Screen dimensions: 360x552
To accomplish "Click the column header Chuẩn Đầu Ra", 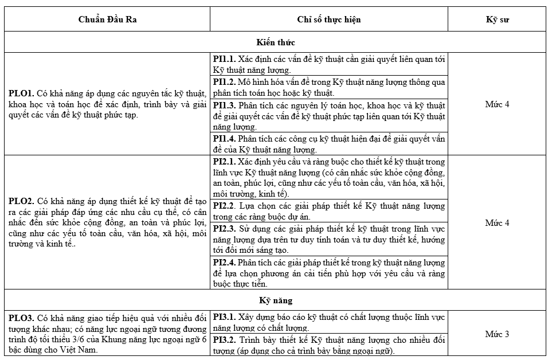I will [107, 19].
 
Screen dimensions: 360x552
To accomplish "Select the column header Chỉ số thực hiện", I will [328, 19].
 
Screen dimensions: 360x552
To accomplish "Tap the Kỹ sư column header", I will [497, 19].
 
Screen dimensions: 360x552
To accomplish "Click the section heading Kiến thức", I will [276, 42].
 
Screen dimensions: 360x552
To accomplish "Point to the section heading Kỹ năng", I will [276, 300].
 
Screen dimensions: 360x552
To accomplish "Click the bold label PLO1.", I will [21, 93].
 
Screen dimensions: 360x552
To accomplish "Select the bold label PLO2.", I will [21, 201].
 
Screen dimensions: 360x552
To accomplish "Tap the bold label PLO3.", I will [21, 317].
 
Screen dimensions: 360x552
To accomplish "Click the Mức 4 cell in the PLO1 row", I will [497, 104].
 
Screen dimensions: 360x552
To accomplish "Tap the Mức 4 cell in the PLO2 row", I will [497, 222].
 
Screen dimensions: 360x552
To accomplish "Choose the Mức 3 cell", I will [497, 334].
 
